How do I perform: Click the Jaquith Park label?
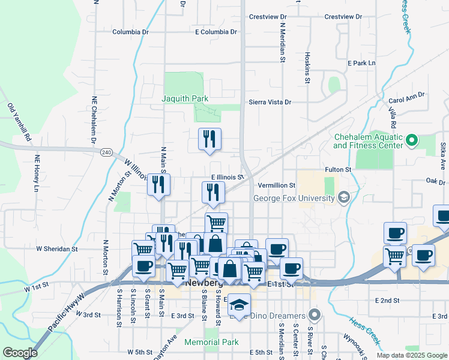184,98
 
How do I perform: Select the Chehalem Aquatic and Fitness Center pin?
412,142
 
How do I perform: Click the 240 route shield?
106,152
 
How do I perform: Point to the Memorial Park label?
212,343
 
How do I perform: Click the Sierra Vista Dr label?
270,103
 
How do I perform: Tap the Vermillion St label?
277,186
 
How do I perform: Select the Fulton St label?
337,170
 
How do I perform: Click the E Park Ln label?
361,62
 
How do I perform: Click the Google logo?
20,353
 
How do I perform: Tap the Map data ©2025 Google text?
411,355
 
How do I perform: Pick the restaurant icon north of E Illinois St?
210,140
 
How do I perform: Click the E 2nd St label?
387,300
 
